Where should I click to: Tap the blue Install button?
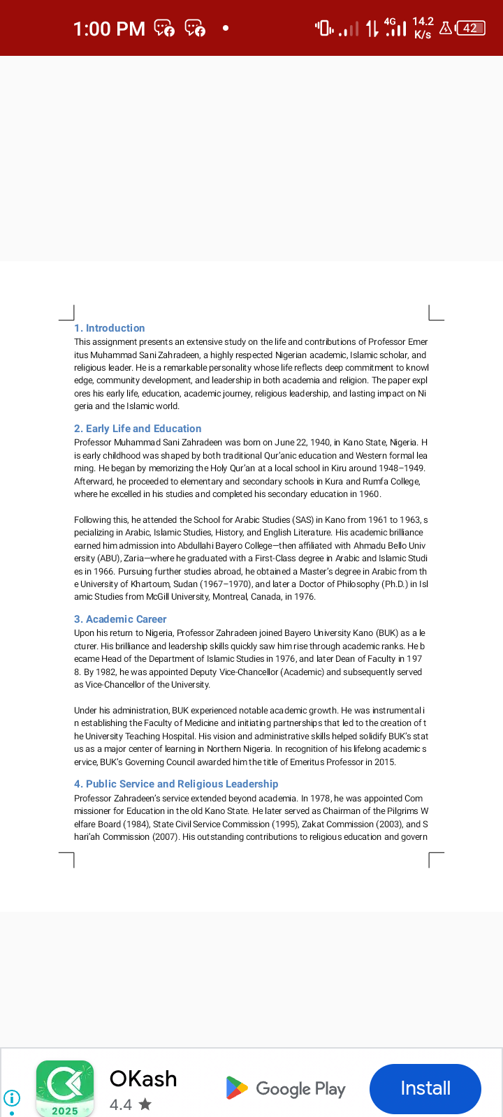pyautogui.click(x=425, y=1088)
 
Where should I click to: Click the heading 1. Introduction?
pyautogui.click(x=110, y=328)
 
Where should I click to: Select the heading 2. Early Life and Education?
pyautogui.click(x=138, y=429)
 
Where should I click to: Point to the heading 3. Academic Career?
pyautogui.click(x=120, y=619)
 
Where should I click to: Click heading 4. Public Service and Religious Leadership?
pyautogui.click(x=176, y=784)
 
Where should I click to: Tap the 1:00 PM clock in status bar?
pyautogui.click(x=109, y=29)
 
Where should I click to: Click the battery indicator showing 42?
pyautogui.click(x=470, y=29)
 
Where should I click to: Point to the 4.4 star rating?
pyautogui.click(x=130, y=1104)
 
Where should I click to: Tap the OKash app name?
pyautogui.click(x=143, y=1079)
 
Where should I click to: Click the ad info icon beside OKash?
pyautogui.click(x=12, y=1097)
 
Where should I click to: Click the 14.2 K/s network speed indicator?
pyautogui.click(x=423, y=28)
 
